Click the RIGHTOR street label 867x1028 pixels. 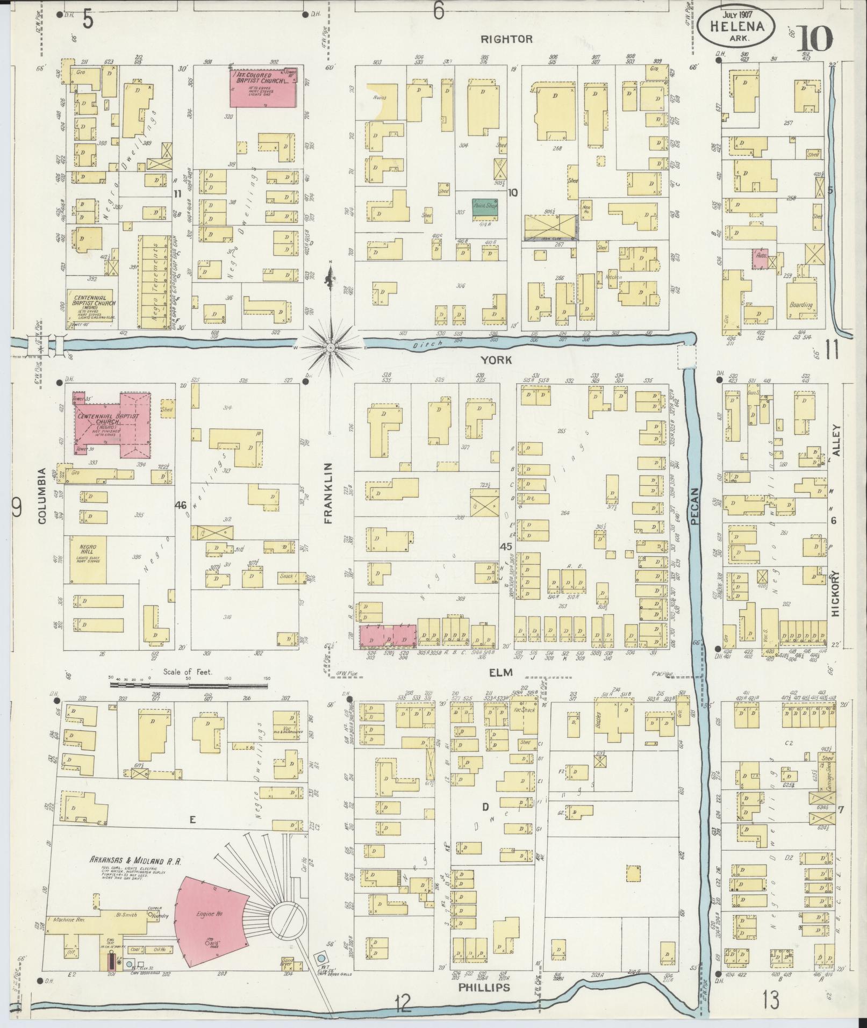pyautogui.click(x=506, y=39)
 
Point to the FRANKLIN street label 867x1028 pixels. pyautogui.click(x=329, y=492)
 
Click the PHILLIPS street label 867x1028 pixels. pyautogui.click(x=484, y=988)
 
